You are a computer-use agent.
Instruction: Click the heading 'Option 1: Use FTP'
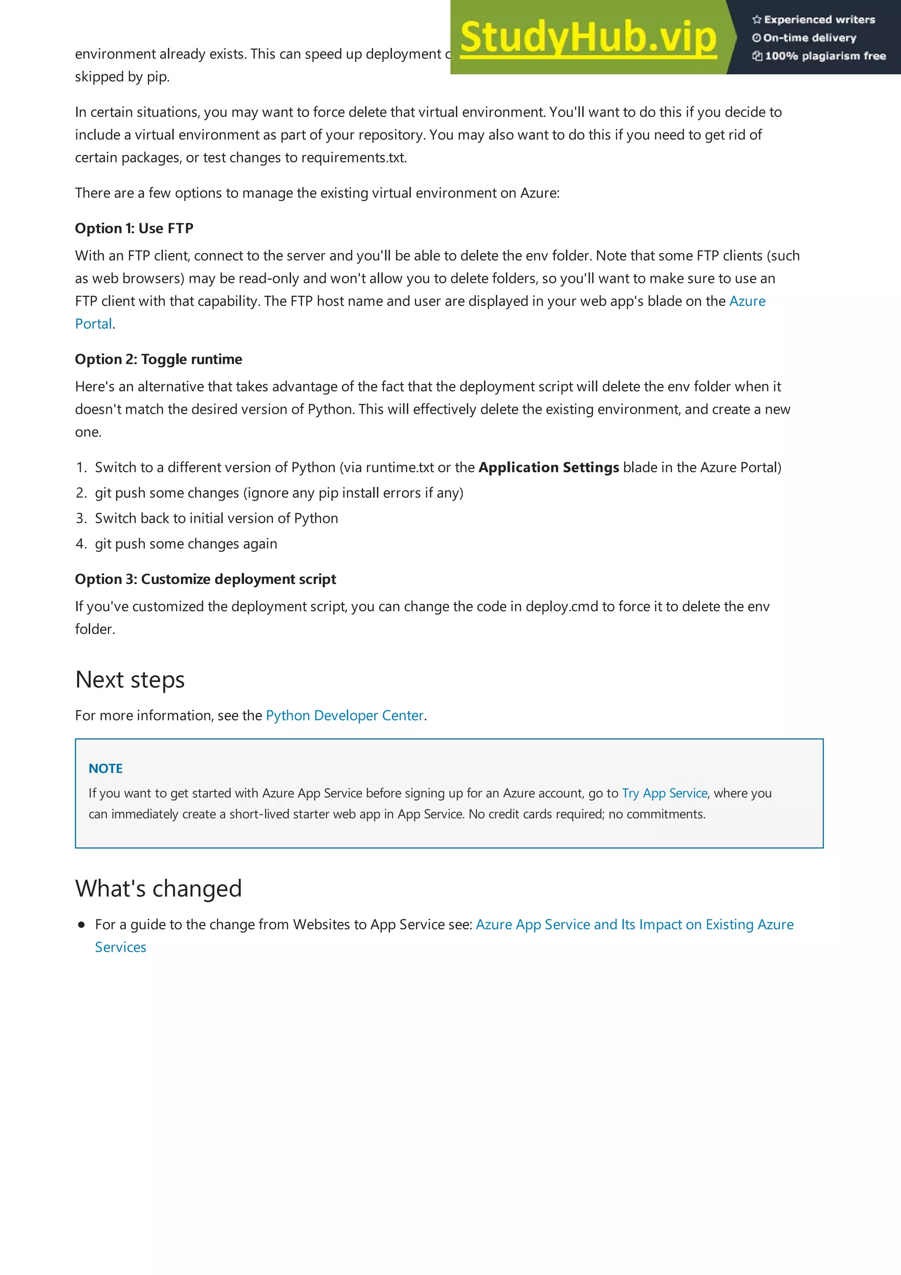134,228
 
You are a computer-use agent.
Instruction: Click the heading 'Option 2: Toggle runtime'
158,359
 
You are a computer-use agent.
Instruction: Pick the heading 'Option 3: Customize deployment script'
205,579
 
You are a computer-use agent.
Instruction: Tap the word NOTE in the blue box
106,769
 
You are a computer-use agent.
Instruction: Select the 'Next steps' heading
130,680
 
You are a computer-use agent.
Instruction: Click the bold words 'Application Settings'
549,468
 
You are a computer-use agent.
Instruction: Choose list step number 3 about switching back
216,518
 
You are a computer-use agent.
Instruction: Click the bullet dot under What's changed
81,925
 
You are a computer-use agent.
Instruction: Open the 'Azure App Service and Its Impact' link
634,925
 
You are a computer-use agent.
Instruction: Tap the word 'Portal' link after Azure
93,324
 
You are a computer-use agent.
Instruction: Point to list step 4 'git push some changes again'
185,544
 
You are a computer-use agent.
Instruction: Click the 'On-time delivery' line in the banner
809,38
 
